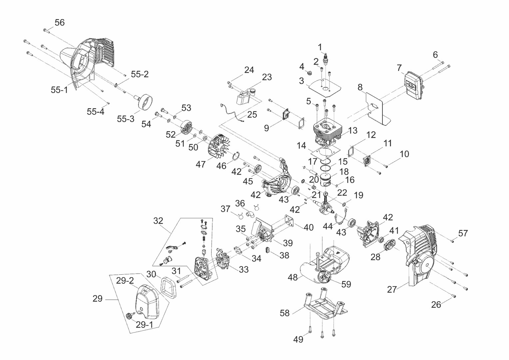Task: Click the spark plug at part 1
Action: (x=326, y=59)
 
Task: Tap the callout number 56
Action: (x=60, y=23)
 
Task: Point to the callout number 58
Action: (x=284, y=313)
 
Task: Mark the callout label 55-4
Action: (x=95, y=112)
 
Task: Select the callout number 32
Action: (x=158, y=221)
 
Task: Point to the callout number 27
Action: (x=392, y=290)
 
